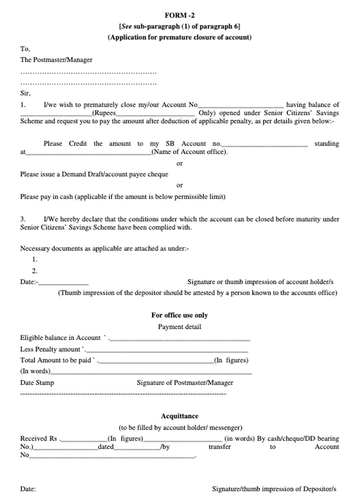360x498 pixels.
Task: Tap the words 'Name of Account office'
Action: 189,151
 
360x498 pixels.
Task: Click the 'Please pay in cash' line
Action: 122,196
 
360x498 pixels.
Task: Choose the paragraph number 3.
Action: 23,219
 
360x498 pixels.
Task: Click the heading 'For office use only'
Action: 179,315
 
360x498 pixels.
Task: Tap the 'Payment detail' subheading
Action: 179,327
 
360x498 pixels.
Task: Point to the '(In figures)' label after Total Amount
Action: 231,360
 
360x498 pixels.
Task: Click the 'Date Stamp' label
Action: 37,382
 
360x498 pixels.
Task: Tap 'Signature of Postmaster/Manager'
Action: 185,382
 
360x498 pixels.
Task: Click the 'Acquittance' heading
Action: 179,416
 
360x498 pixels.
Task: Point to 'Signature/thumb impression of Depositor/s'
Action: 274,489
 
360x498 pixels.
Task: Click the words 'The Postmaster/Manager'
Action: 56,60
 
